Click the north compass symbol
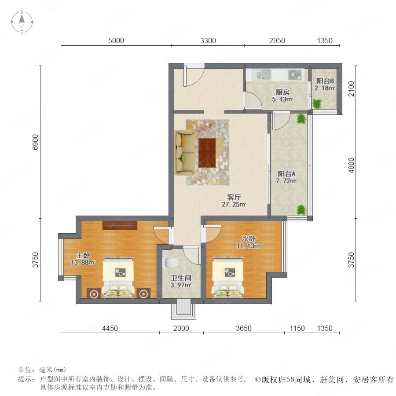coord(22,22)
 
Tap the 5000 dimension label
coord(116,40)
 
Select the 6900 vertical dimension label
coord(35,142)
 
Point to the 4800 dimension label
coord(351,165)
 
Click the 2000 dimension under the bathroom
coord(181,328)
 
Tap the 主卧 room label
coord(83,255)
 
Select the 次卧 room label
coord(249,238)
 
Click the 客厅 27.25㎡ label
coord(234,201)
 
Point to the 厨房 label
coord(282,92)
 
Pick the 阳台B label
coord(325,81)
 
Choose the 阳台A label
coord(286,173)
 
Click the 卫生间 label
coord(181,278)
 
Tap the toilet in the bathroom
coord(170,263)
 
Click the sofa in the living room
coord(186,153)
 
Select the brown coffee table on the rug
coord(207,153)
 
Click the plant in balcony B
coord(317,103)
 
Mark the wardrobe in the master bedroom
coord(120,225)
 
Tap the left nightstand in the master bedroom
coord(94,293)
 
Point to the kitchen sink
coord(264,74)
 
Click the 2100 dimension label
coord(351,88)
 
